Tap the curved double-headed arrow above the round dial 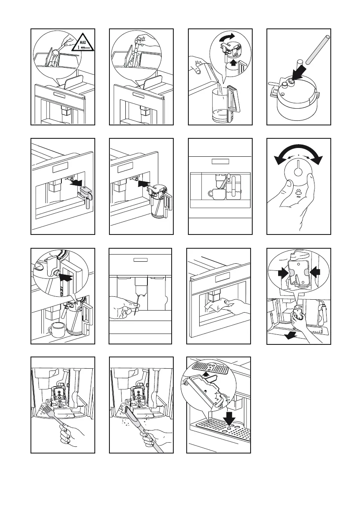[x=299, y=153]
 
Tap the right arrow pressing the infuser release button [x=314, y=272]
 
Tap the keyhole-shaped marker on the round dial [x=299, y=172]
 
